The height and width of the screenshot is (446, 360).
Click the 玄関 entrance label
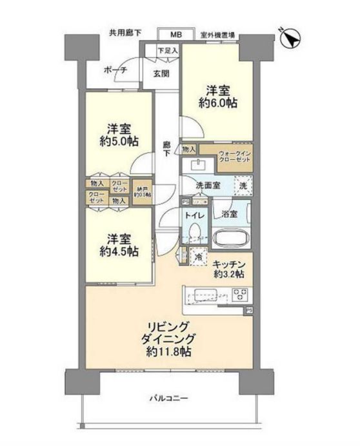(161, 73)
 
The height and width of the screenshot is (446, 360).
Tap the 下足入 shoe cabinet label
(169, 50)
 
